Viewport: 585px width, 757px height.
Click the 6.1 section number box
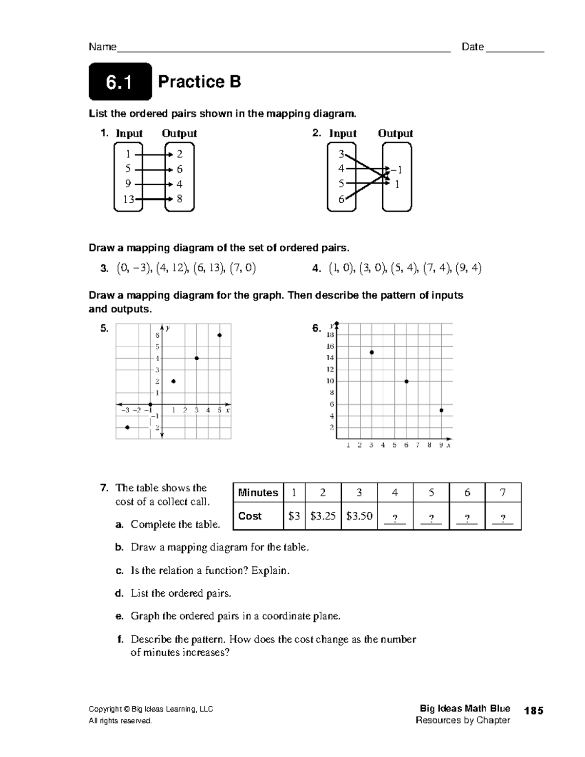click(120, 82)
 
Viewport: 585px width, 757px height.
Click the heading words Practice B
click(199, 82)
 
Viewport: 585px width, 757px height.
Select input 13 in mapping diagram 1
click(128, 199)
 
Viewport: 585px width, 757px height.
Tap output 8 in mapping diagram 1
click(180, 199)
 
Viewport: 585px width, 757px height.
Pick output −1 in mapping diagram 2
click(397, 170)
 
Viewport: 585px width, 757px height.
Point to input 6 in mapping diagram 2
click(341, 199)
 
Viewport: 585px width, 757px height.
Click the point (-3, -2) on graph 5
click(127, 427)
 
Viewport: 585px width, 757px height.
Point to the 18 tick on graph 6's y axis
click(330, 335)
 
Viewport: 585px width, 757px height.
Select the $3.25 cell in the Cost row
click(323, 516)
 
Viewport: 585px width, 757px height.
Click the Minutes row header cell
click(258, 493)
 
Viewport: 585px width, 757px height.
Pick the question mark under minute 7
click(503, 518)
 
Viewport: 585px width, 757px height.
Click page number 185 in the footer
click(534, 711)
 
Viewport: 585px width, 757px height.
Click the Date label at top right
click(472, 47)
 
